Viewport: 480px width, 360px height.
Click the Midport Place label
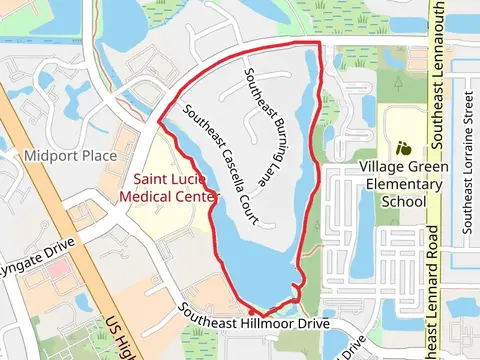(68, 156)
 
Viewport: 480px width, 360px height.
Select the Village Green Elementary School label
(406, 183)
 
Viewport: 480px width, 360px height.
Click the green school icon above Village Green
(404, 147)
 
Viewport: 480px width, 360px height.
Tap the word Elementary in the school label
(406, 183)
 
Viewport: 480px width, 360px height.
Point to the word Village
(385, 166)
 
